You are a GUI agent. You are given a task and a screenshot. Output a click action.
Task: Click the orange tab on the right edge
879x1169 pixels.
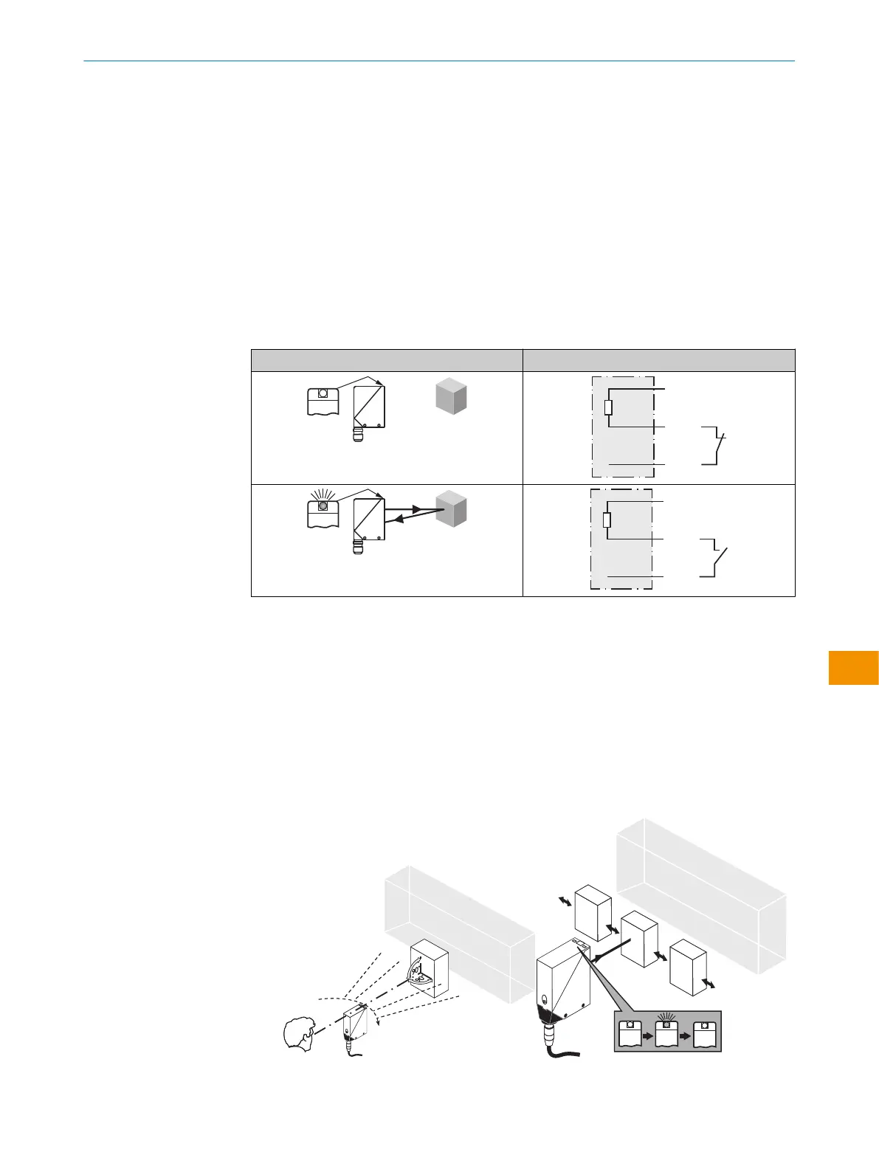853,667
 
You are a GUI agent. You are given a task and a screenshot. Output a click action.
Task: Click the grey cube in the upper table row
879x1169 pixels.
451,396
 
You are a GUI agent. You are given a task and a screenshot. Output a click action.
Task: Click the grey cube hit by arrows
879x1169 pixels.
451,508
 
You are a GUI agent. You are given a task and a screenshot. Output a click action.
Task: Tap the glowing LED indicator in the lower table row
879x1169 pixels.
323,506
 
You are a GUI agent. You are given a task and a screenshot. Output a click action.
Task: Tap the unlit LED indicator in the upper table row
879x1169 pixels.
323,393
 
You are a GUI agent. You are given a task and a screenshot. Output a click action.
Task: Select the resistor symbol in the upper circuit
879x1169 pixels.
608,407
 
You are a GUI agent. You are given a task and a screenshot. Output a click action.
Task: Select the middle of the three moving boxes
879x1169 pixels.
639,939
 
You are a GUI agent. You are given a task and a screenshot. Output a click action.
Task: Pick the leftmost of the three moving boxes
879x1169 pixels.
593,911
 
